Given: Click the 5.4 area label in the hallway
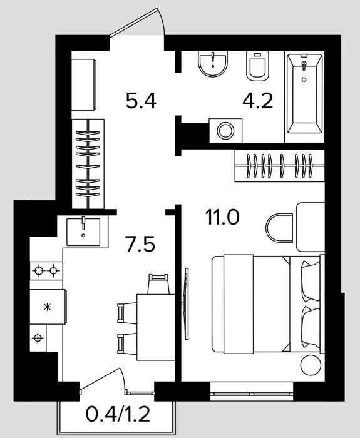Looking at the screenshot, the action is tap(141, 101).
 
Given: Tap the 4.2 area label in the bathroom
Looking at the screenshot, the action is tap(257, 101).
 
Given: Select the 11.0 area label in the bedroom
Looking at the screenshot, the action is tap(222, 217).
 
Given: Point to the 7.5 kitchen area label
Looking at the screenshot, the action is tap(140, 244).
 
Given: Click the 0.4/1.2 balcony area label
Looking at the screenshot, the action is tap(118, 414).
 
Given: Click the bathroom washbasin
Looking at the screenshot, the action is tap(213, 64).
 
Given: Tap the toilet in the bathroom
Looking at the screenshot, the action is tap(257, 66).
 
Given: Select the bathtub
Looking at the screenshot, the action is tap(304, 94).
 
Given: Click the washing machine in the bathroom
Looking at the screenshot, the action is tap(225, 130).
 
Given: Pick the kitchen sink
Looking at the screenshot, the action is tap(83, 232).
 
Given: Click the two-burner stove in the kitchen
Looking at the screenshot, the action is tap(46, 271).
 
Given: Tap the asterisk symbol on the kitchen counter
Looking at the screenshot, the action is tap(47, 307).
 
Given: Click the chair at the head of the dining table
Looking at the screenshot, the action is tap(158, 284).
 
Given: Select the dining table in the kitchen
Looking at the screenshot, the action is tap(156, 327).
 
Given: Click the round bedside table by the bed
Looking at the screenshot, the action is tap(311, 365).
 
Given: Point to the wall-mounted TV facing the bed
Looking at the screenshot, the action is tap(185, 303).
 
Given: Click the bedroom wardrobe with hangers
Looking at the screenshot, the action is tap(279, 166).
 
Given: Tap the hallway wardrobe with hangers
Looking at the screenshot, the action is tap(88, 164).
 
